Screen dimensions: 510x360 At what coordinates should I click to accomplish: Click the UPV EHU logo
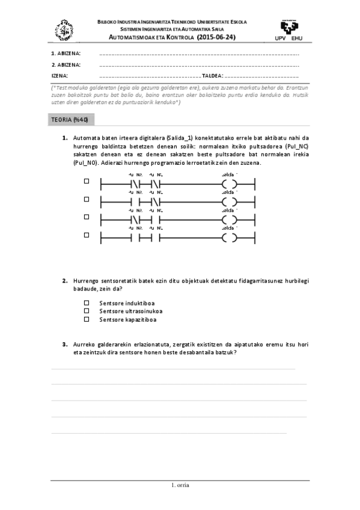click(x=292, y=29)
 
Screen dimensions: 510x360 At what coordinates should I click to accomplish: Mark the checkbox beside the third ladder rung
click(x=86, y=217)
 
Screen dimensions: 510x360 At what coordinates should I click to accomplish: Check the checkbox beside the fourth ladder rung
click(x=86, y=234)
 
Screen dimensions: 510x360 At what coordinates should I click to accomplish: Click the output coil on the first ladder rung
click(x=229, y=184)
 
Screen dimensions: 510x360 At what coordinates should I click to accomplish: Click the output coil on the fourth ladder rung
click(x=229, y=238)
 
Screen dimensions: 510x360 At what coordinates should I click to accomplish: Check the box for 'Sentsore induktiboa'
click(x=86, y=303)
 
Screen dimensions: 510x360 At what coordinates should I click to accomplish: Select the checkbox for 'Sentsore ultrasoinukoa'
click(x=86, y=311)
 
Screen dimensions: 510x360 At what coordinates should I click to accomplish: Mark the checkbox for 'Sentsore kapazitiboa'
click(x=86, y=319)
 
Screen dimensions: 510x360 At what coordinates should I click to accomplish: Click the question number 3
click(x=64, y=344)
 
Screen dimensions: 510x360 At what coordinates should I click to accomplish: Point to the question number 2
click(x=64, y=281)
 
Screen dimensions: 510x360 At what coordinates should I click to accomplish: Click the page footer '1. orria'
click(x=180, y=485)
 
